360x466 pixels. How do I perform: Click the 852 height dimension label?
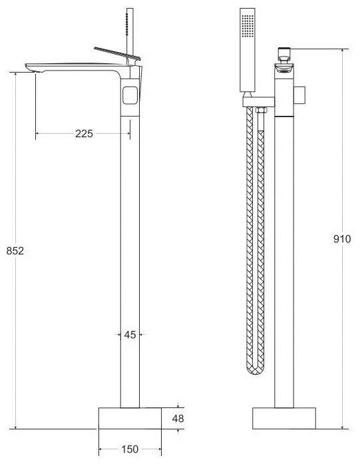[x=15, y=251]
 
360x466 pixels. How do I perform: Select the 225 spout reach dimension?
[x=84, y=134]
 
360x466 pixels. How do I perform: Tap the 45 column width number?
[x=130, y=335]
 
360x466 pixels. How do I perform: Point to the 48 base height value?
[x=178, y=419]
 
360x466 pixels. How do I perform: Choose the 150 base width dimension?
[x=130, y=449]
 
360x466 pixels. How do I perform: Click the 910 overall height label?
[x=342, y=238]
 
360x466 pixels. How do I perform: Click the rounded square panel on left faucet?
[x=130, y=95]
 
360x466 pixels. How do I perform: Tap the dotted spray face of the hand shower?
[x=248, y=26]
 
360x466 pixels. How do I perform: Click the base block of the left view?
[x=130, y=418]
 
